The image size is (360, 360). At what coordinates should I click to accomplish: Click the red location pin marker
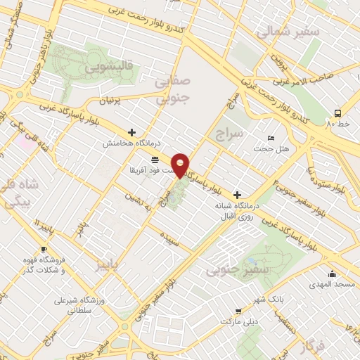tap(181, 165)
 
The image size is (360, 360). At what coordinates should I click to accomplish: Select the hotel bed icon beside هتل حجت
tap(271, 138)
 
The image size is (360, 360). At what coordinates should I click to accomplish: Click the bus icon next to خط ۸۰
tap(338, 112)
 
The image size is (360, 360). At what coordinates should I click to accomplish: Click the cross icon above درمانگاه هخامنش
tap(131, 131)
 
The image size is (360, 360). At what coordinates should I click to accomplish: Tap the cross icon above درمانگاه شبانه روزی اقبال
tap(237, 194)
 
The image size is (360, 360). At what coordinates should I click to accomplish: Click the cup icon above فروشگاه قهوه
tap(44, 250)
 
